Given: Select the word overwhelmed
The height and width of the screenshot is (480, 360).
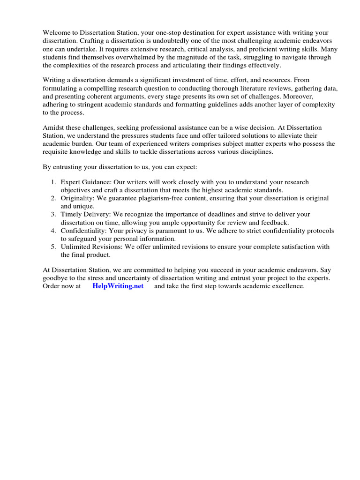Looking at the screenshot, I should tap(122, 57).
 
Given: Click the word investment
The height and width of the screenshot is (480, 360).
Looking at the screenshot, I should tap(178, 81).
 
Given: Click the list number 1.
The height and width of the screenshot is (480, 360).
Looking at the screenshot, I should tap(53, 182).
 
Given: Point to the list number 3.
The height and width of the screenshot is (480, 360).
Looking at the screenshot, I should tap(53, 214).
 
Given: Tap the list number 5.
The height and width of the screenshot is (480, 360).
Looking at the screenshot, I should tap(53, 247).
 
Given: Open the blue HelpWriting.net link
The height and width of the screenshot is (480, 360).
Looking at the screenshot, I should tap(118, 286).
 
